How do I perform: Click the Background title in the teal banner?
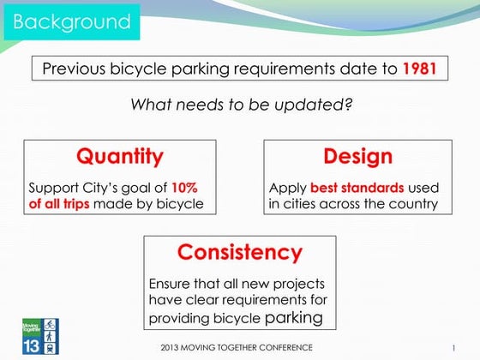[74, 21]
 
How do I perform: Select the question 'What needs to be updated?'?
[243, 105]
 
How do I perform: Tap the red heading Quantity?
[119, 157]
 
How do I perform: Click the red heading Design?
[357, 157]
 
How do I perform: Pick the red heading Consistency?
[239, 253]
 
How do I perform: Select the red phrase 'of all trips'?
[59, 204]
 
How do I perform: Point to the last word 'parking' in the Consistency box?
[297, 318]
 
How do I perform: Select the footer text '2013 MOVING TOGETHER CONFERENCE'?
[237, 347]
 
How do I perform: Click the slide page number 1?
[453, 347]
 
